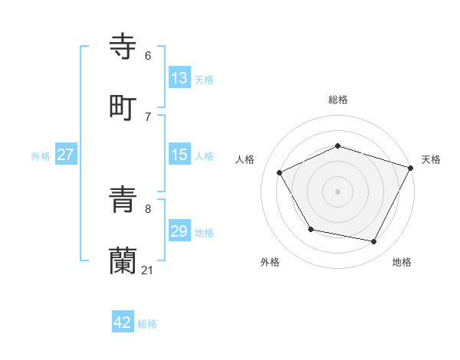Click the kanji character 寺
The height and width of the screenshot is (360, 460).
click(x=123, y=46)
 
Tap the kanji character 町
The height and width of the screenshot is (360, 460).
click(x=123, y=106)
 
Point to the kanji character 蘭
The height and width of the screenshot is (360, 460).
click(x=123, y=261)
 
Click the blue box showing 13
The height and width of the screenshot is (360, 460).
click(x=179, y=78)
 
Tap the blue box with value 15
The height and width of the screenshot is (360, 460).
click(x=179, y=155)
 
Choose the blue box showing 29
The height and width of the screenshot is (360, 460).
click(x=179, y=231)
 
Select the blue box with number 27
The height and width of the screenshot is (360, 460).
click(x=66, y=155)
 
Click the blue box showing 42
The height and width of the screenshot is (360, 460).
click(x=123, y=322)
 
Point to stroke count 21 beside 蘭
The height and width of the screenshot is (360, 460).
click(x=148, y=270)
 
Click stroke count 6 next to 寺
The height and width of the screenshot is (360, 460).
click(x=148, y=55)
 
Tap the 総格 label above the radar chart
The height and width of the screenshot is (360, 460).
click(x=338, y=100)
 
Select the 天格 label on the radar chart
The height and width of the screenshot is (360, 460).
click(x=431, y=159)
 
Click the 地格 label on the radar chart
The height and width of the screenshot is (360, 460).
click(x=402, y=262)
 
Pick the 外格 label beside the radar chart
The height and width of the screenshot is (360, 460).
click(x=269, y=262)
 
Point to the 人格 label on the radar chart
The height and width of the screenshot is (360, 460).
click(x=245, y=159)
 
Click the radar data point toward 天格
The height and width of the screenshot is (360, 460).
click(x=411, y=167)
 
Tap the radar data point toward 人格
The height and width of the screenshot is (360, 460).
click(x=280, y=173)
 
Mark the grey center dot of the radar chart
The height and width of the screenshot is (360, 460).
click(x=337, y=191)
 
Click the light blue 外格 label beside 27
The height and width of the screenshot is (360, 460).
click(x=41, y=155)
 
